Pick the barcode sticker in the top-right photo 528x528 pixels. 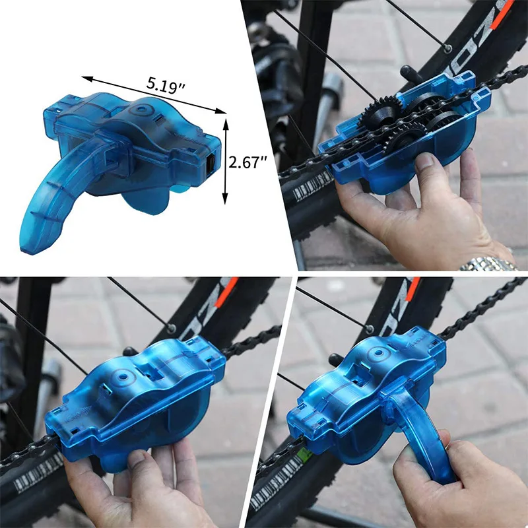coord(311,185)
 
